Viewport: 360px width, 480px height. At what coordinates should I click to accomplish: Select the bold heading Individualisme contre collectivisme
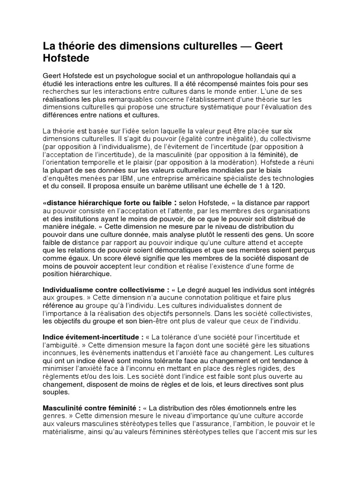[106, 290]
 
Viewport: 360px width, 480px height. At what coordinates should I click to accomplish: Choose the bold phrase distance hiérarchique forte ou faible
[108, 203]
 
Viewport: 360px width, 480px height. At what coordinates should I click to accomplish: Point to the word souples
[56, 392]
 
